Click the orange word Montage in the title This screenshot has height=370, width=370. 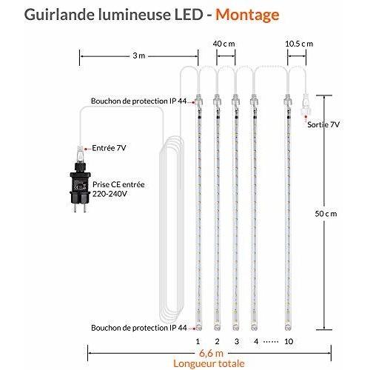247,15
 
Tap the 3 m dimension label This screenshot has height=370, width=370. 139,55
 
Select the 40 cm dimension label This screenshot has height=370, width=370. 223,44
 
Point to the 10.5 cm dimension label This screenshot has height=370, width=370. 299,44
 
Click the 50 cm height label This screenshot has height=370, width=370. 326,214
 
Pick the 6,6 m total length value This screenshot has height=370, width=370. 211,353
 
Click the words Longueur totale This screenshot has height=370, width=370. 209,363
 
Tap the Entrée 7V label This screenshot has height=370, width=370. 109,148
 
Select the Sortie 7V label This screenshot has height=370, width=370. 323,124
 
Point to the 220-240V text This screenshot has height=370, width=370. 110,194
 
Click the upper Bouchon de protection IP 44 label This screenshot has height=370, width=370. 138,101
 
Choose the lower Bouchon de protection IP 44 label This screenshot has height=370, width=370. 138,328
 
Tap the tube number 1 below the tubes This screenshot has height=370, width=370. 198,341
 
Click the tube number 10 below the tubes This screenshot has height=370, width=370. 289,341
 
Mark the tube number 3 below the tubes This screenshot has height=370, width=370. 237,341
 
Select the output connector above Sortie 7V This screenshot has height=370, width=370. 305,105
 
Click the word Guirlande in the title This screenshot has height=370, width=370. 59,15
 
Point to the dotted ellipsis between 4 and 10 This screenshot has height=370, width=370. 271,342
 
